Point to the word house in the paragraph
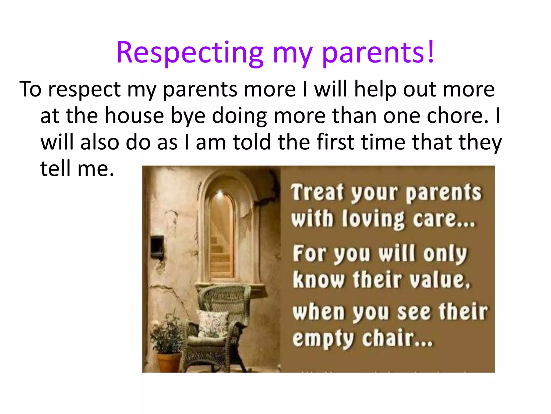[x=134, y=116]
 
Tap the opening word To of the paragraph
[x=30, y=89]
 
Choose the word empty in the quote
[x=323, y=340]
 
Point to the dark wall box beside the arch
[x=157, y=244]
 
